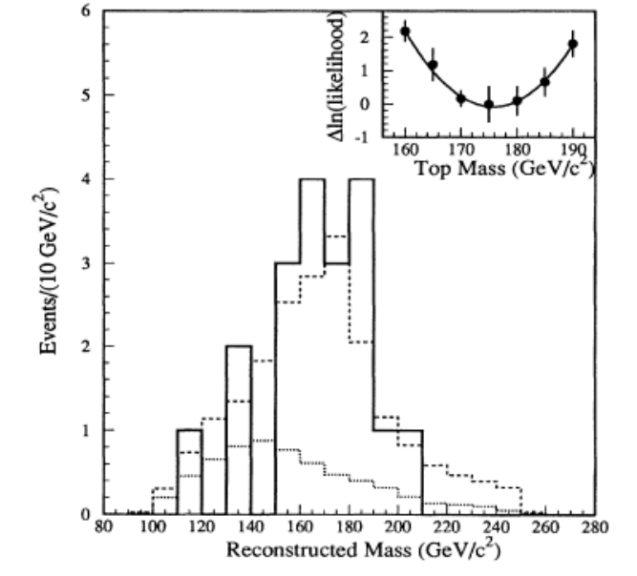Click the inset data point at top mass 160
pos(405,31)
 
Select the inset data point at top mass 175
pos(489,105)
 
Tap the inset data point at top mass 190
pos(573,44)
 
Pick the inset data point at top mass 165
pos(433,65)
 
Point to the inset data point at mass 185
pos(545,82)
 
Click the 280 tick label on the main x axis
pos(595,527)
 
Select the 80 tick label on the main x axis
pos(104,527)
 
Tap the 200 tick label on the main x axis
pos(398,527)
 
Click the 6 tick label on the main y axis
pos(85,10)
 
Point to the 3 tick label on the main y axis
pos(85,263)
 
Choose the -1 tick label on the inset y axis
pos(362,138)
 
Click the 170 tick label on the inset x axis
pos(461,150)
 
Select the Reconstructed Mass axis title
pos(363,549)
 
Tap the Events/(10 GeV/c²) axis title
pos(48,271)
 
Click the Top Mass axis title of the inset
pos(505,168)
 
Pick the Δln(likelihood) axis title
pos(337,75)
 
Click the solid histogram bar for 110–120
pos(190,472)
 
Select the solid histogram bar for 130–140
pos(239,430)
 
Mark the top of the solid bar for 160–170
pos(312,179)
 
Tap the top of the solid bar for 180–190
pos(362,179)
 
